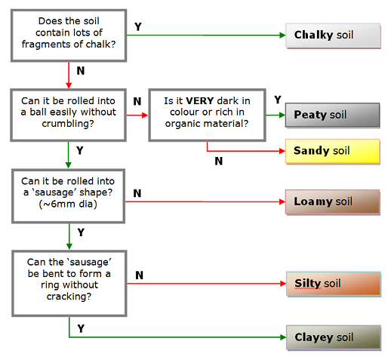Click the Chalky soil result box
[333, 35]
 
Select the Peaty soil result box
[332, 115]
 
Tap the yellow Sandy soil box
[332, 151]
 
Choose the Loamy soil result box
[332, 202]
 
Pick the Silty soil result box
[334, 284]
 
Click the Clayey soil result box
[334, 337]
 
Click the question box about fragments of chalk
[69, 35]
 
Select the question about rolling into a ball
[68, 115]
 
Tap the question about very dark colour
[207, 115]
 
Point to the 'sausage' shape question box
[68, 196]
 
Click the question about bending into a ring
[69, 283]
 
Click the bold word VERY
[200, 101]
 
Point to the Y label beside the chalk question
[138, 26]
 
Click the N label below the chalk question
[81, 71]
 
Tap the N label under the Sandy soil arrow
[219, 161]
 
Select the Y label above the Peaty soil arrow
[278, 100]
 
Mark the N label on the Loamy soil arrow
[137, 193]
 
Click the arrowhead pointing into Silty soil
[283, 284]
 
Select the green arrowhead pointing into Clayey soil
[283, 337]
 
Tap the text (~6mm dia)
[68, 204]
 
